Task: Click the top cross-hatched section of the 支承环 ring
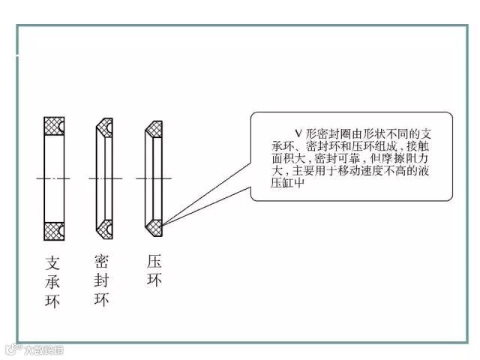[53, 124]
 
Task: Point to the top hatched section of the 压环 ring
[154, 127]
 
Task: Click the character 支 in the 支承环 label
[53, 263]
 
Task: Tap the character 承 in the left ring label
[53, 283]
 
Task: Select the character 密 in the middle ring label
[103, 261]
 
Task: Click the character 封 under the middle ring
[103, 280]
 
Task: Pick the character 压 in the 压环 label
[154, 261]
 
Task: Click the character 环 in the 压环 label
[154, 280]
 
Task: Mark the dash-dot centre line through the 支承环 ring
[53, 178]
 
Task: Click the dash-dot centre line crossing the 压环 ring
[154, 178]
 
